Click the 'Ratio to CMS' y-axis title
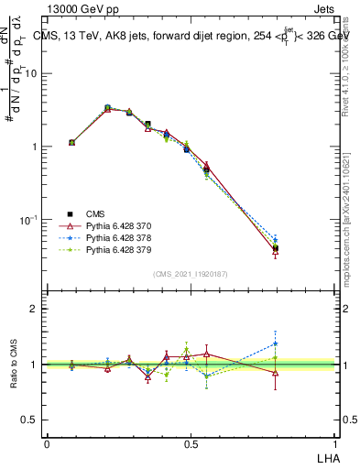click(x=14, y=364)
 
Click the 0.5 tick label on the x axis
click(x=190, y=444)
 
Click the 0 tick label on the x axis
click(x=47, y=444)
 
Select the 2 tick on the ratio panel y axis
click(x=38, y=309)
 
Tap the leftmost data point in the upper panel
click(x=71, y=142)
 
